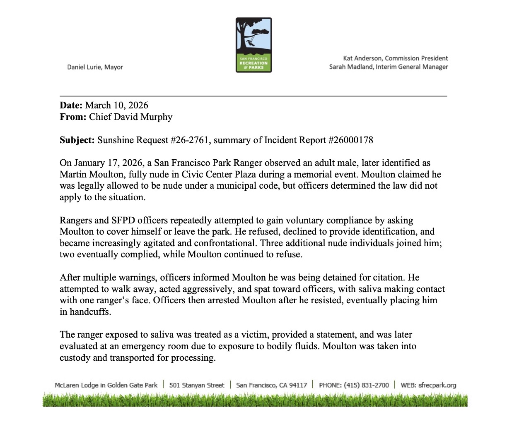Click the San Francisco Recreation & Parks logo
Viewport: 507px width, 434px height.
(x=254, y=45)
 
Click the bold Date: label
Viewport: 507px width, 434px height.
(x=71, y=106)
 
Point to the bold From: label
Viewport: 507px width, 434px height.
(x=73, y=117)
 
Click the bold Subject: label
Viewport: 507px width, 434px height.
(x=77, y=140)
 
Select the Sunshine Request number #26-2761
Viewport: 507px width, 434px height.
(x=190, y=140)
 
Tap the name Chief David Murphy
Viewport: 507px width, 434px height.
(x=131, y=117)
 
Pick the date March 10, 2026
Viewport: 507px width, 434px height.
(x=117, y=106)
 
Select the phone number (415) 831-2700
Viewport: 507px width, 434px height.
(x=366, y=385)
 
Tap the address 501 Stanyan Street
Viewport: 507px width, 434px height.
(x=197, y=385)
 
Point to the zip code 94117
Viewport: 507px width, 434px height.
(x=298, y=385)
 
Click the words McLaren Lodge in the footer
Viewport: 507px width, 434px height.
(x=77, y=385)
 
